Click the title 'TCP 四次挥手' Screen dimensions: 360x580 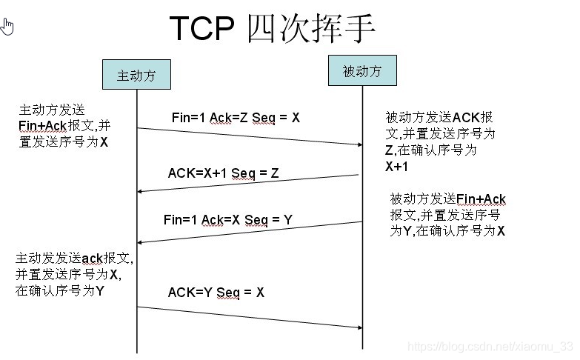coord(273,28)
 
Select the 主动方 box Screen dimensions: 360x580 coord(138,74)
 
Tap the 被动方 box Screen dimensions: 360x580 coord(362,71)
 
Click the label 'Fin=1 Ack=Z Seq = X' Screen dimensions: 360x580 coord(236,117)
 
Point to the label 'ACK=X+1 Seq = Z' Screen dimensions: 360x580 coord(223,173)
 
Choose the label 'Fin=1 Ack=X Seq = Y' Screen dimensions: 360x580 coord(227,219)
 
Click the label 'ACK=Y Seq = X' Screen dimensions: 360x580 coord(216,292)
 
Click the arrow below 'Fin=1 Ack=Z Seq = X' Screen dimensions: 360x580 coord(249,136)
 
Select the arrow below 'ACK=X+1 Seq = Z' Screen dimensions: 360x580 coord(249,183)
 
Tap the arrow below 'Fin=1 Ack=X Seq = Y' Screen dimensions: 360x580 coord(249,231)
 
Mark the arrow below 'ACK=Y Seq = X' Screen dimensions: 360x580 coord(249,316)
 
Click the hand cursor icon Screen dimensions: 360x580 coord(7,27)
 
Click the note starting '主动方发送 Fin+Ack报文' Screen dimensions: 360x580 coord(65,126)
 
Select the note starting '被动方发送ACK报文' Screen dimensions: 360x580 coord(440,141)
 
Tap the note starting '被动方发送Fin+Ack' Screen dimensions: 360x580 coord(447,215)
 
